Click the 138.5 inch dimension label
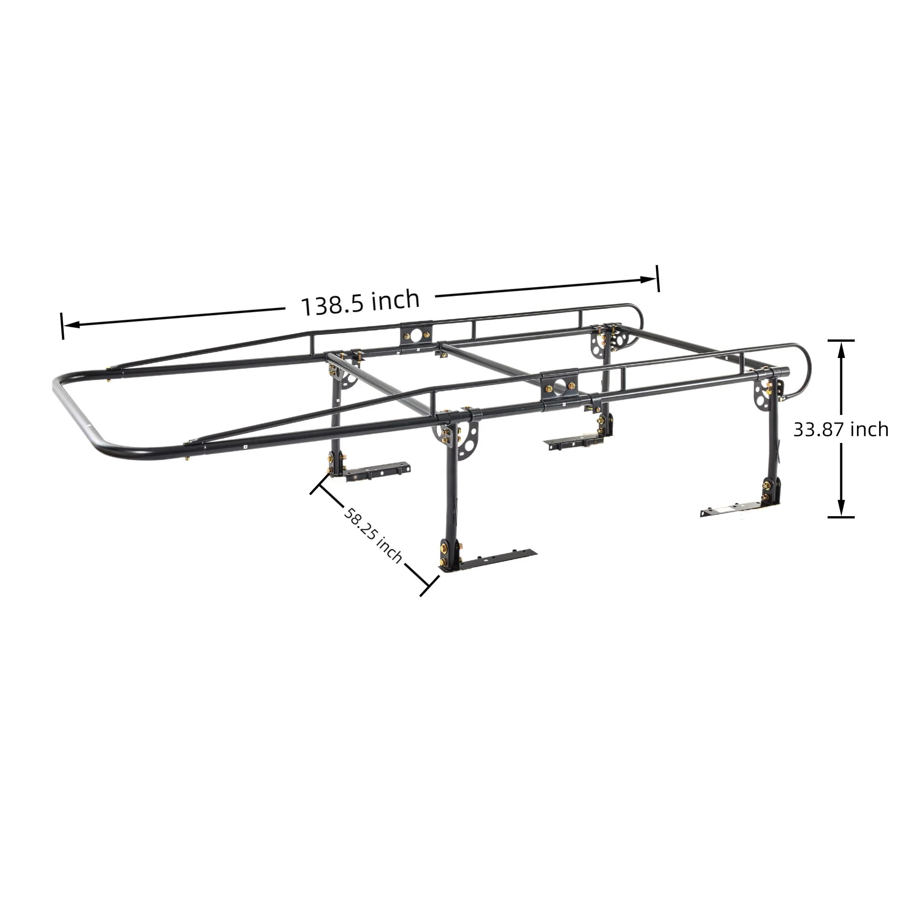click(x=360, y=303)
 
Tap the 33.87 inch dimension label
click(x=840, y=429)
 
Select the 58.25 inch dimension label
click(x=373, y=535)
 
